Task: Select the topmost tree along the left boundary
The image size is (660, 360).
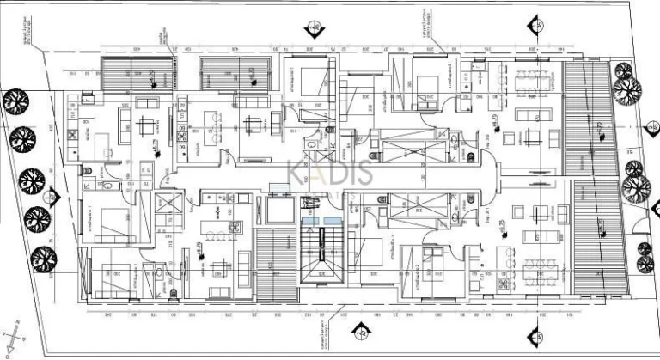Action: click(15, 103)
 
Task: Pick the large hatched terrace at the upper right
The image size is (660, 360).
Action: click(589, 120)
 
